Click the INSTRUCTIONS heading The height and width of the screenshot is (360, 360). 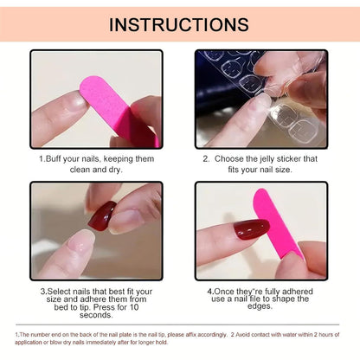coord(179,24)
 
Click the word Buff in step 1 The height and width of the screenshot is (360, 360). coord(54,158)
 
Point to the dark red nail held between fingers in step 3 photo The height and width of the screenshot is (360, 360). coord(101,216)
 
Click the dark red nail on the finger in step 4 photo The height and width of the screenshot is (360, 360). coord(251,228)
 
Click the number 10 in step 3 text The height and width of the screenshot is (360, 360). coord(134,307)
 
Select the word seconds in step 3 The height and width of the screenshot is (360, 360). coord(96,315)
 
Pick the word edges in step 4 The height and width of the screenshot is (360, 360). coord(260,306)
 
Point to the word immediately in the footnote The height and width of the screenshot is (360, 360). coord(100,343)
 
